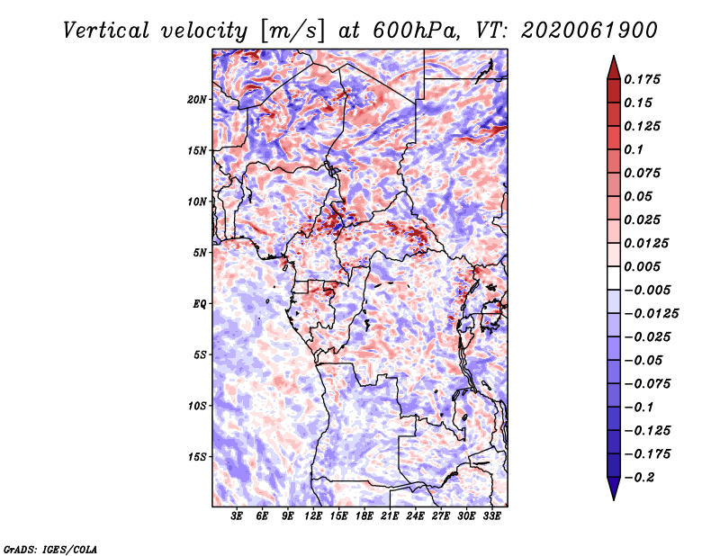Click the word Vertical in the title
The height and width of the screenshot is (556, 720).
106,31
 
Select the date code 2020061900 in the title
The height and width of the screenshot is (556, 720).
589,31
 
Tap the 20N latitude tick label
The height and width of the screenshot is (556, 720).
197,100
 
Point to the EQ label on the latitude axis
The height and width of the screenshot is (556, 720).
200,304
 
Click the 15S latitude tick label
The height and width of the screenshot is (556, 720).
197,457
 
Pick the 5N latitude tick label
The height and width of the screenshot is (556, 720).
200,253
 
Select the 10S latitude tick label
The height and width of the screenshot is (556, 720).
197,406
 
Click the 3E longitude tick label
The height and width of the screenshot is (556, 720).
237,516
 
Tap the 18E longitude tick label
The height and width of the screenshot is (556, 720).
364,516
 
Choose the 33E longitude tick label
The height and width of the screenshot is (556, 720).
491,516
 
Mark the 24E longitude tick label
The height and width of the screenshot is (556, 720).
415,516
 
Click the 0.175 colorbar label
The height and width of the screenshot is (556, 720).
642,79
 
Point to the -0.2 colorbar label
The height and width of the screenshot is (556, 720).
639,478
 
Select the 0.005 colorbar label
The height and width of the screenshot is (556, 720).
642,266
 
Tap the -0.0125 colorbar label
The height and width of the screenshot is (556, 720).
651,314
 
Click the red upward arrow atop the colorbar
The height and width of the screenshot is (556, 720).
614,67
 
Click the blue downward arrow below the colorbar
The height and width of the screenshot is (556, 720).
614,489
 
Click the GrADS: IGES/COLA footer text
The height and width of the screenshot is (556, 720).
50,550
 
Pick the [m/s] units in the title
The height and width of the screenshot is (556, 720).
292,31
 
